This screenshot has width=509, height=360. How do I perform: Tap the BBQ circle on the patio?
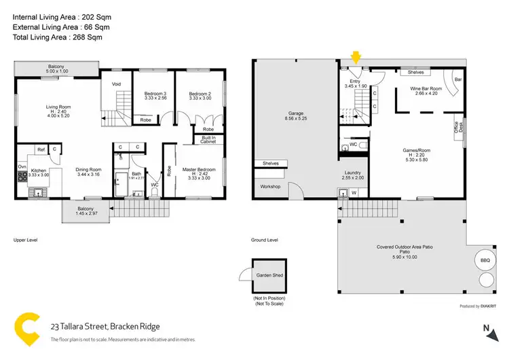[485, 259]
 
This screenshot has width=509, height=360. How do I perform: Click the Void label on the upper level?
[116, 84]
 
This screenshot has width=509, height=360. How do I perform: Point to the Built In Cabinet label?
[208, 139]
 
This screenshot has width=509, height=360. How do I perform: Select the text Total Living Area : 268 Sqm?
[57, 37]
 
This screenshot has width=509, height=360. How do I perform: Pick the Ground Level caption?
[265, 240]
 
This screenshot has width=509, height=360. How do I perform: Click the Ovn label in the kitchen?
[22, 166]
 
